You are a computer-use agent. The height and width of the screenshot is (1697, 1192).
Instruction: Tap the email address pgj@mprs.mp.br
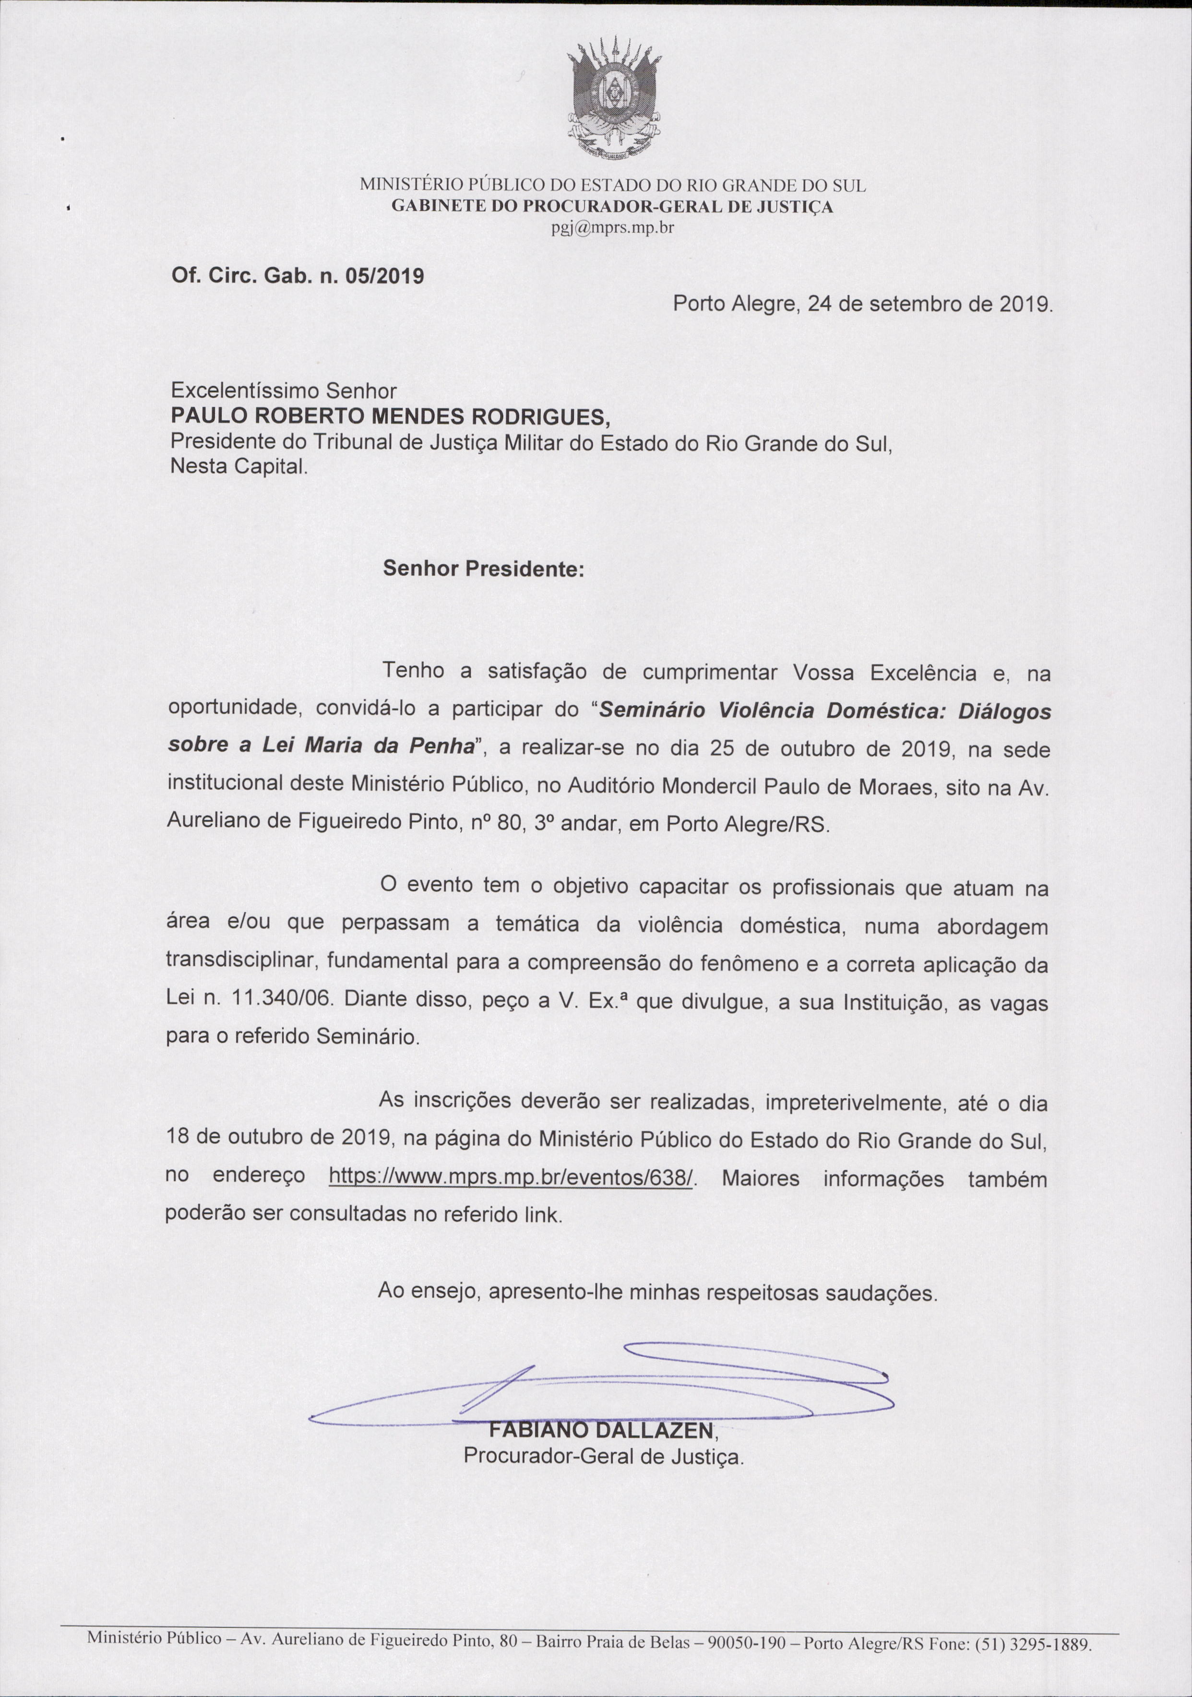coord(612,227)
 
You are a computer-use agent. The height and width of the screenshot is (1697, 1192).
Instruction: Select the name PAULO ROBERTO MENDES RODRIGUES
coord(391,417)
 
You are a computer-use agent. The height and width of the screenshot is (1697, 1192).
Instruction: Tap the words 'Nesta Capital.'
coord(238,467)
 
